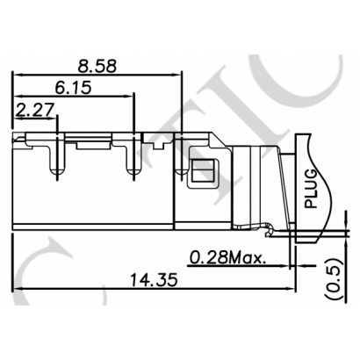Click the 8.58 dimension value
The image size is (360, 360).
point(96,65)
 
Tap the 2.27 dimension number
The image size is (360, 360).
point(32,110)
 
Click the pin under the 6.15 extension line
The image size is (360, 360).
point(133,162)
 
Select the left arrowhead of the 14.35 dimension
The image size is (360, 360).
point(15,290)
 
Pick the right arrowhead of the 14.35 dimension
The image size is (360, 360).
point(291,290)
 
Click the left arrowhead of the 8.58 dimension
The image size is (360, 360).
point(15,76)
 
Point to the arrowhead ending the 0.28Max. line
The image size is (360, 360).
point(288,265)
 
